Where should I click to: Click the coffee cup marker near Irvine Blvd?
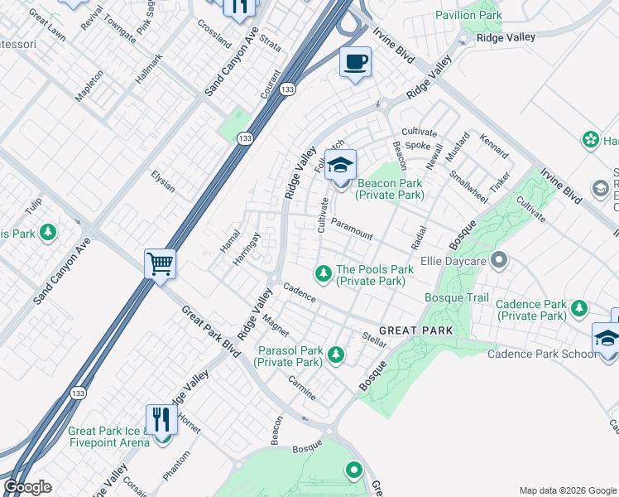(355, 63)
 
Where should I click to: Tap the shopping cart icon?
(160, 265)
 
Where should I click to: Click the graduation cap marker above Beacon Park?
(339, 166)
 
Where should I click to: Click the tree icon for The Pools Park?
(323, 272)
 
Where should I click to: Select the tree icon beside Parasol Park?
(335, 355)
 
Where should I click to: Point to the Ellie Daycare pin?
(498, 261)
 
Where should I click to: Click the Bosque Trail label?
(457, 297)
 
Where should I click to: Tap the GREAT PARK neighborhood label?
(417, 331)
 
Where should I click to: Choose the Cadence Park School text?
(540, 355)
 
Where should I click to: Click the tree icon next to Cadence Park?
(579, 308)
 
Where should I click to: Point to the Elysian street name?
(163, 181)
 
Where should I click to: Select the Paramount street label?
(352, 228)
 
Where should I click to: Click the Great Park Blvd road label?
(210, 331)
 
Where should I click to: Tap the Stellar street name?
(375, 339)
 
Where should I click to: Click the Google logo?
(27, 487)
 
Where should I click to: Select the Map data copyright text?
(568, 490)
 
